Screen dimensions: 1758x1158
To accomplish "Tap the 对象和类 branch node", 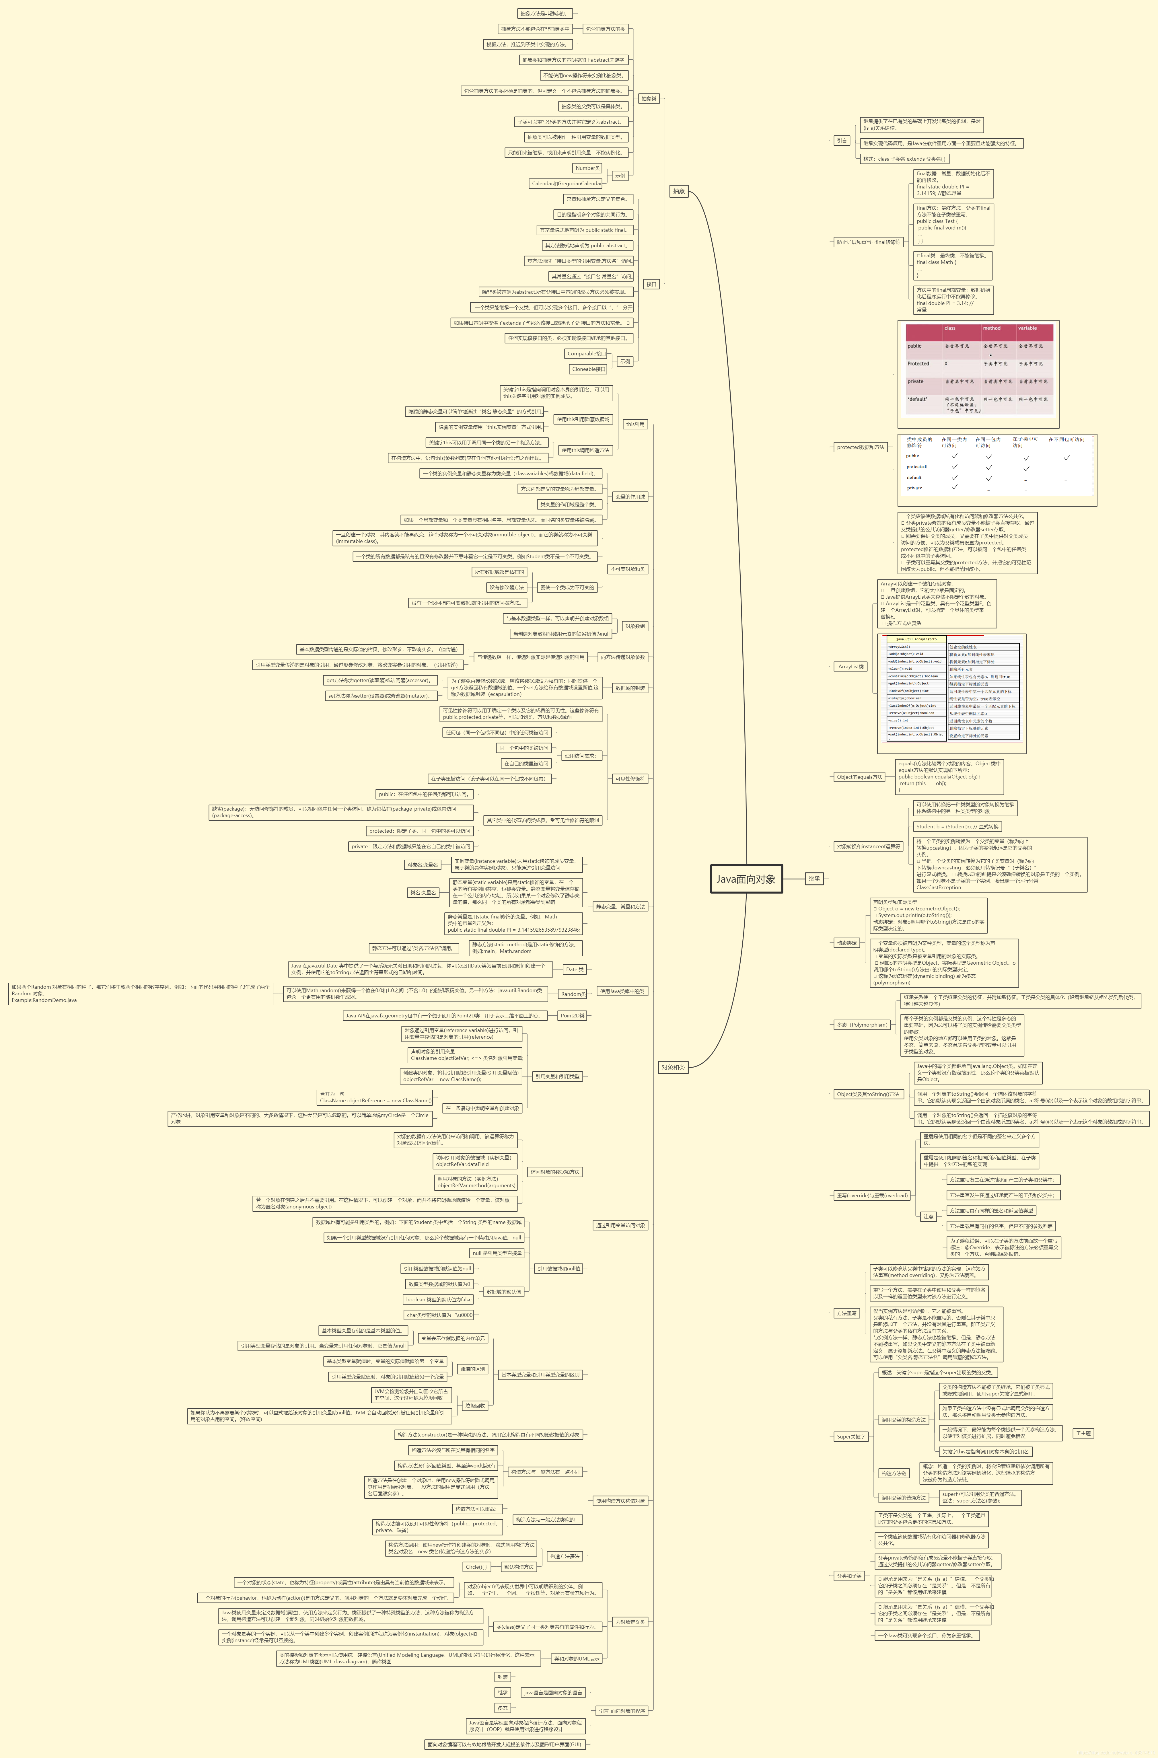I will (673, 1067).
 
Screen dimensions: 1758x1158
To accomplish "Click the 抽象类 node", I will (649, 98).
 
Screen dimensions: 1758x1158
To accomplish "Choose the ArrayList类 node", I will (851, 666).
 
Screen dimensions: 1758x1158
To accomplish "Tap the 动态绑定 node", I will (846, 943).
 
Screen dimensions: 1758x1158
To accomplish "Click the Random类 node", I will (573, 994).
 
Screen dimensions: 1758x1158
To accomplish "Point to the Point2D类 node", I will (572, 1016).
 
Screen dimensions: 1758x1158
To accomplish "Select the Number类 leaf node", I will (588, 168).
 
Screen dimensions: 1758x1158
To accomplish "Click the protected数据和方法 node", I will (860, 447).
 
